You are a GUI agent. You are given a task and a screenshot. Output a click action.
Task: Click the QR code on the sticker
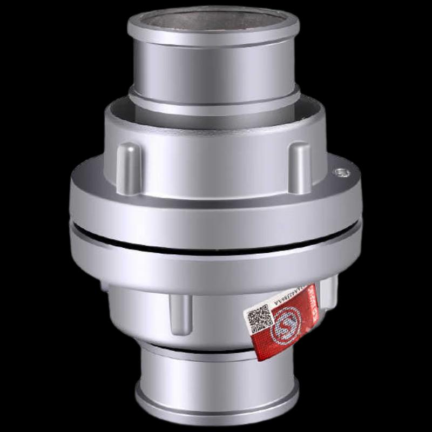pos(260,319)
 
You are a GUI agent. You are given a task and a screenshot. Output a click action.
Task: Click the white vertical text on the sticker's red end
pos(312,305)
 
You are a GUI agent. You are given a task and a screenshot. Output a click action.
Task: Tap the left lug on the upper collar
pos(129,167)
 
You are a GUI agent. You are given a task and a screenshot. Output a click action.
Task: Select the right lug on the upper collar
pos(300,167)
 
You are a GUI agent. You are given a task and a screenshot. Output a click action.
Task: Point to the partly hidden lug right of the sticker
pos(328,294)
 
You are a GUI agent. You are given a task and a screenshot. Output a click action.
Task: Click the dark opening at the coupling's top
pos(213,20)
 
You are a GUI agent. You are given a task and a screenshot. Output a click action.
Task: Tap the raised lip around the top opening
pos(213,36)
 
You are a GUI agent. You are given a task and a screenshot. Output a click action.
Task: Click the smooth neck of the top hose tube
pos(213,70)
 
